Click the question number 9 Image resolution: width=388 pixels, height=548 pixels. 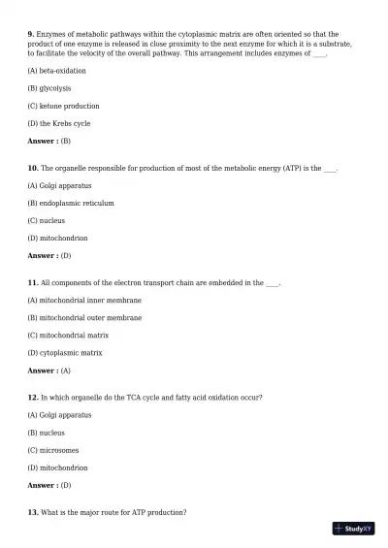[x=31, y=34]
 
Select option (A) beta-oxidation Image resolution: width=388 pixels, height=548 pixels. [x=56, y=71]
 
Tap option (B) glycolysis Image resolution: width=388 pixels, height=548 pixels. [x=49, y=88]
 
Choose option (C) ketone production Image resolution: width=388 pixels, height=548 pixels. [x=63, y=106]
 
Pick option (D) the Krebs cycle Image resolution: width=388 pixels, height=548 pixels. [x=59, y=123]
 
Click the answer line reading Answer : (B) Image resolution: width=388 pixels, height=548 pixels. [x=49, y=141]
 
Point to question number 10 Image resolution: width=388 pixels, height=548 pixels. [x=33, y=168]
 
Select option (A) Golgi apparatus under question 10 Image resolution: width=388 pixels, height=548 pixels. [x=60, y=185]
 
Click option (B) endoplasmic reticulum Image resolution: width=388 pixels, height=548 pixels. [x=71, y=204]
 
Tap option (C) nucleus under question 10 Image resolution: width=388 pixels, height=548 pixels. [x=47, y=220]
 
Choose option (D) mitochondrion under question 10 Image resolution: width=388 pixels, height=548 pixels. [x=58, y=238]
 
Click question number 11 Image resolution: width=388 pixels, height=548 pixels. [x=33, y=283]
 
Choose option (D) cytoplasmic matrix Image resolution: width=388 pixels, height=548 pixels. [x=65, y=353]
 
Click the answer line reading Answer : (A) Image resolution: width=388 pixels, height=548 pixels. [x=49, y=371]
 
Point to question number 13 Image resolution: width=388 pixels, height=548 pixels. [x=33, y=512]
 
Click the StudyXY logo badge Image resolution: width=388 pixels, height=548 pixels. [x=353, y=529]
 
